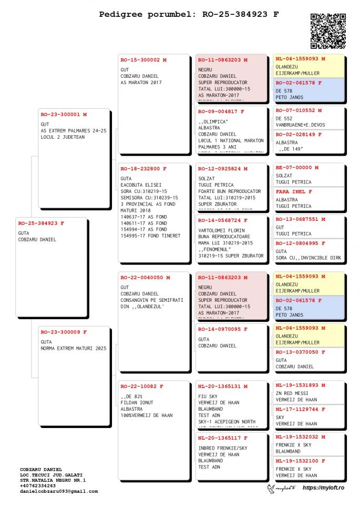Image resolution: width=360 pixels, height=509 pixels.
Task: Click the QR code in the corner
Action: [x=328, y=31]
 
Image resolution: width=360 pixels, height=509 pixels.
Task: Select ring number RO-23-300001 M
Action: [x=64, y=114]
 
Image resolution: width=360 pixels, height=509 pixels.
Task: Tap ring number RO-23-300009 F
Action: [x=64, y=332]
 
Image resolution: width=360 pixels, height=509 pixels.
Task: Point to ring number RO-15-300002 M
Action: [x=143, y=60]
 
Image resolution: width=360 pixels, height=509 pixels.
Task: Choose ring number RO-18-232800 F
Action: [x=143, y=169]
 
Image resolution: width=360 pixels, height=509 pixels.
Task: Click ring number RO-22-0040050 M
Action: [x=145, y=277]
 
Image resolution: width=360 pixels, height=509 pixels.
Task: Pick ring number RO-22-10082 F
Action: [x=142, y=386]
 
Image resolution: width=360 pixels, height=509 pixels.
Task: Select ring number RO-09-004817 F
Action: [x=221, y=111]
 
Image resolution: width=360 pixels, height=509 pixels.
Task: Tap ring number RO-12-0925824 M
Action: [x=223, y=169]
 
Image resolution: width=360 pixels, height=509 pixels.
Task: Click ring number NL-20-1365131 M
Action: [x=223, y=386]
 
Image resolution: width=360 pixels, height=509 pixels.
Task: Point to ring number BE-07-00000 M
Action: [x=297, y=168]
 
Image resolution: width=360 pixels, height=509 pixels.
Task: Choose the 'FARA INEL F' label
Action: [x=294, y=192]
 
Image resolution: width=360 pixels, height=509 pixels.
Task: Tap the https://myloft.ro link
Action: [x=323, y=488]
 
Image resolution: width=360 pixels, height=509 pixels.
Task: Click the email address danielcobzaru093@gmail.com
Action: [x=59, y=491]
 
